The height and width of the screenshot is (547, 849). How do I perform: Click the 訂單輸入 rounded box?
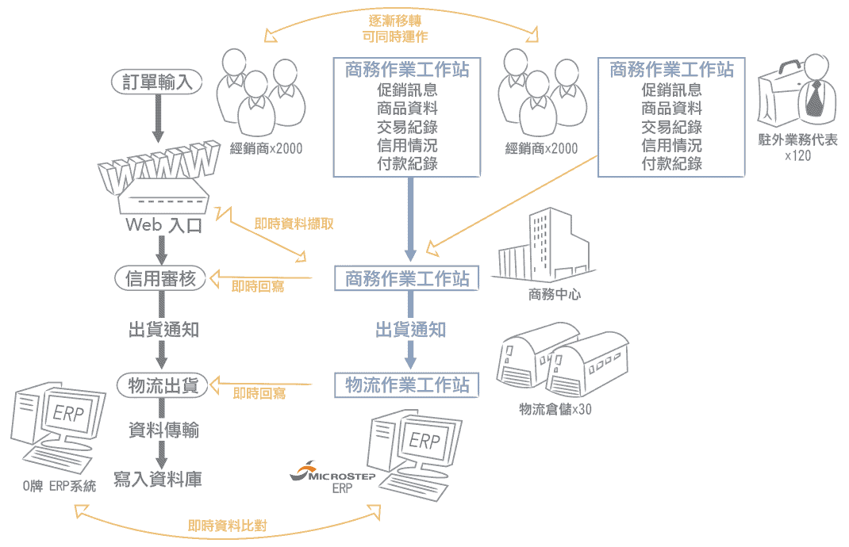point(157,82)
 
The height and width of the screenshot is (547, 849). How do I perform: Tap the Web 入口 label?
point(164,225)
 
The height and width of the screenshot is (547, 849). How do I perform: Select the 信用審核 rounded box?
point(161,278)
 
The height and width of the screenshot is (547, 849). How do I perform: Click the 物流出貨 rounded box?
point(163,386)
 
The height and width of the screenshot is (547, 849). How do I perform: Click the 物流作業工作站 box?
point(406,385)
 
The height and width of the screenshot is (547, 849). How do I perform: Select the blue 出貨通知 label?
point(410,330)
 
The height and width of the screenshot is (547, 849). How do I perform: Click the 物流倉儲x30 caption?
point(555,409)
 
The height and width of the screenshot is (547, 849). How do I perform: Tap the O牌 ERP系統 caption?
point(60,486)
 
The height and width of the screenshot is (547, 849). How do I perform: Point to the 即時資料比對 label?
point(228,526)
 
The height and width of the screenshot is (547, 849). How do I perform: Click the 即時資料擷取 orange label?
point(294,224)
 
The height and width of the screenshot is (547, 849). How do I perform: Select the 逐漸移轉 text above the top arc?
point(394,21)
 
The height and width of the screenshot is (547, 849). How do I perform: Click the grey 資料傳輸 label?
point(163,430)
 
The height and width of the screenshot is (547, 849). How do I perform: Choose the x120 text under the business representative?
point(797,156)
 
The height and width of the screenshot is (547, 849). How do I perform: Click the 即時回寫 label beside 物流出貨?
point(259,393)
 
